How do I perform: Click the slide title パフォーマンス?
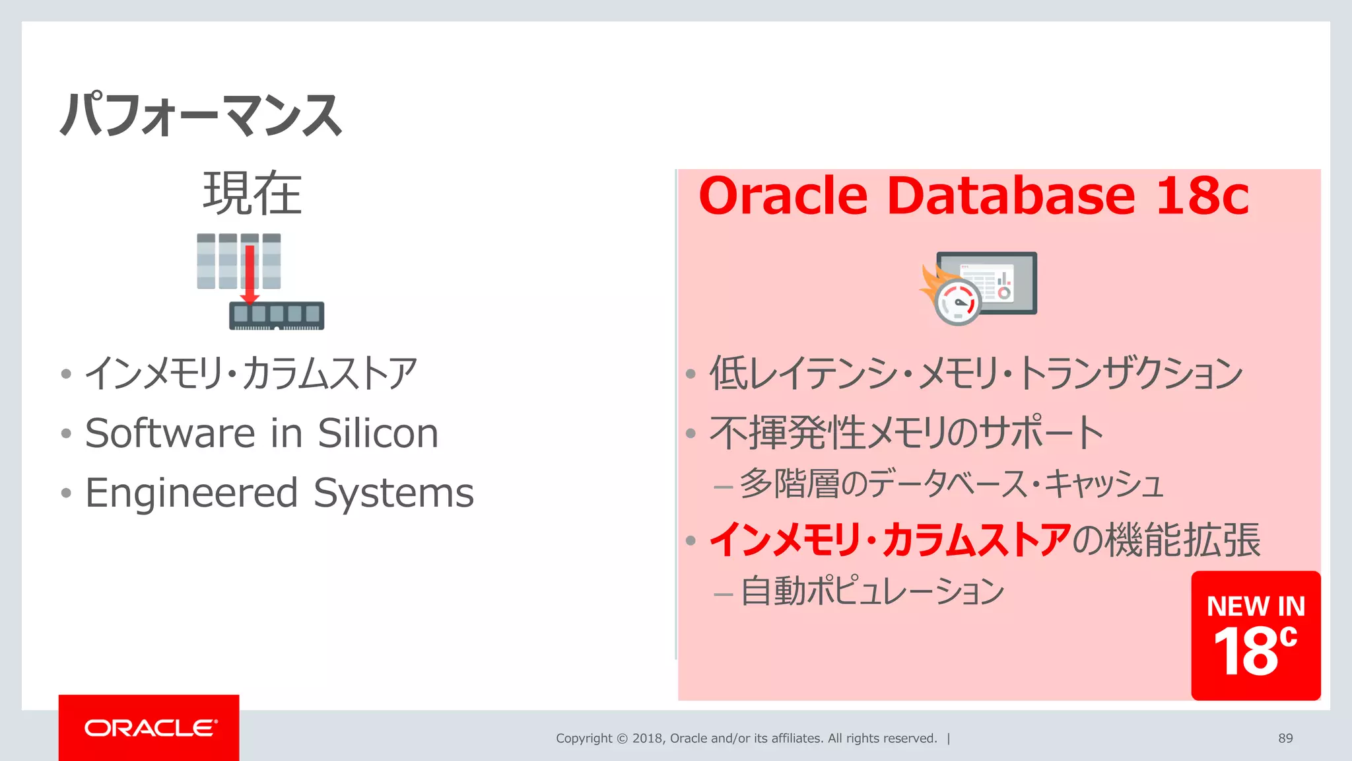201,115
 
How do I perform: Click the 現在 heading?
252,194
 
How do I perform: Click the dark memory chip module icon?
277,315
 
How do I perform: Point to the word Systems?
393,493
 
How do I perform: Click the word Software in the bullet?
170,433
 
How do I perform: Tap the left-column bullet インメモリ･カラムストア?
251,373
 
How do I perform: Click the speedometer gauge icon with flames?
957,301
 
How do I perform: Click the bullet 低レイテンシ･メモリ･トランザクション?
976,373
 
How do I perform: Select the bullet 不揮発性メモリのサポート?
906,433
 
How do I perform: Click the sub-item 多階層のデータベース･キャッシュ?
951,484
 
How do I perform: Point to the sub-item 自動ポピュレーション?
871,591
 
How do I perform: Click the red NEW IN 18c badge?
1256,635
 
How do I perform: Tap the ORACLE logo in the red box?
150,728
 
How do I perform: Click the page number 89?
1285,739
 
